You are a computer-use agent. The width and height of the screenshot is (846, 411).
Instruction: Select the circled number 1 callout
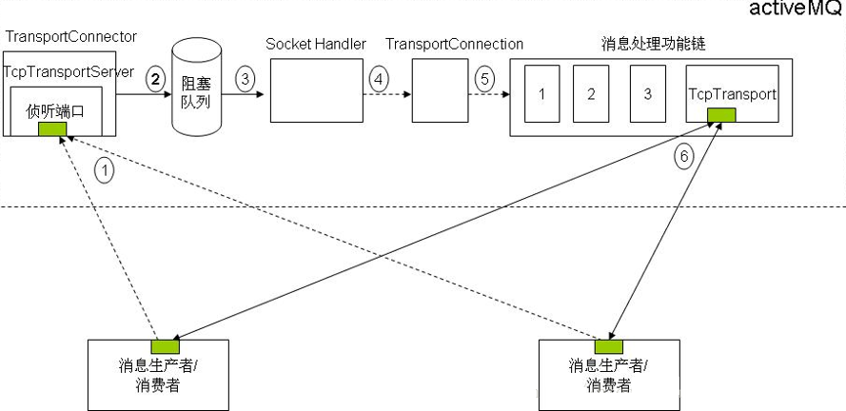[x=106, y=170]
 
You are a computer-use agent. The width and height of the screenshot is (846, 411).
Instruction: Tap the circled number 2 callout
[x=154, y=80]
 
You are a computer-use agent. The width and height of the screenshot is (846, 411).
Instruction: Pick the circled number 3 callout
[x=246, y=80]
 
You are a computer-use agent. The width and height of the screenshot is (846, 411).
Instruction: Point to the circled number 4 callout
[x=380, y=80]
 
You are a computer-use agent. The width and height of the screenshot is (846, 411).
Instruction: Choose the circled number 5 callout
[x=486, y=80]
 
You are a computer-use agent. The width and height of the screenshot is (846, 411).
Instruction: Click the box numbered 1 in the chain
[x=541, y=94]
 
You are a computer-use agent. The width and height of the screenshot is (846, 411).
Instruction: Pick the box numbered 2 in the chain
[x=591, y=94]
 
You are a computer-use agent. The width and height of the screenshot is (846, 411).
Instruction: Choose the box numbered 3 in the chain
[x=647, y=94]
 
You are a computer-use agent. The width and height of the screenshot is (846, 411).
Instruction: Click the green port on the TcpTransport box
[x=720, y=116]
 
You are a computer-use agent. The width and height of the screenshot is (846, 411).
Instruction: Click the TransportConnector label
[x=71, y=37]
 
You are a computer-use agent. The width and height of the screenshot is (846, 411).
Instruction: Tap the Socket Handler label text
[x=316, y=45]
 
